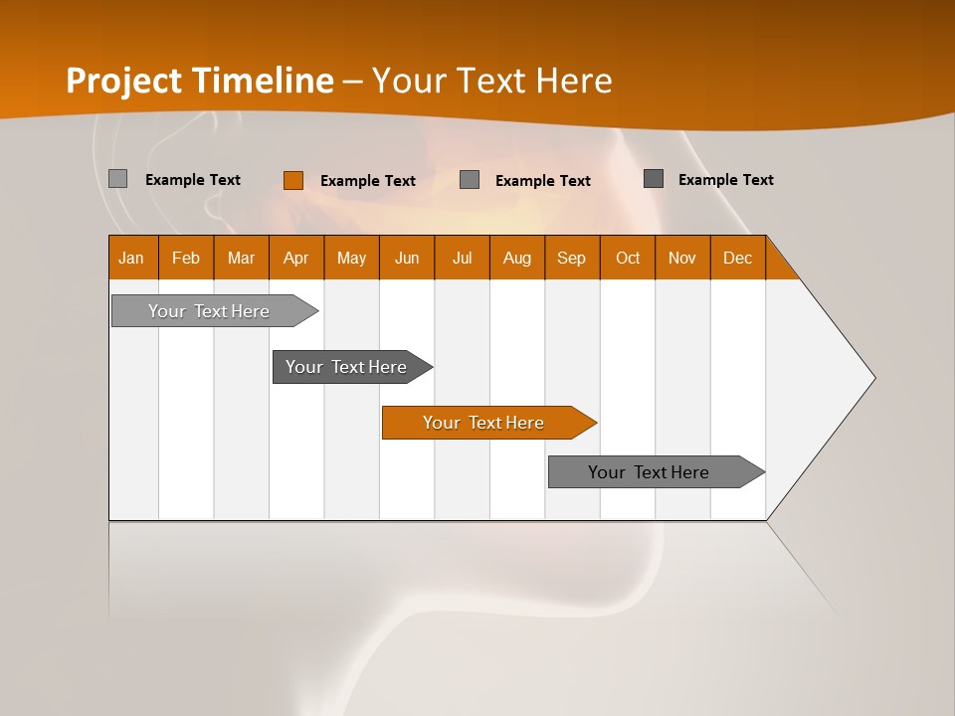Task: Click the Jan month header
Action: click(x=131, y=258)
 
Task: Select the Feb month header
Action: click(x=186, y=258)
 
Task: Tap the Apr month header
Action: click(x=295, y=258)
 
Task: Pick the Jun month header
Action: click(x=407, y=258)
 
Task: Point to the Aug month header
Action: click(x=516, y=258)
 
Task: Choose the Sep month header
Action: click(x=571, y=258)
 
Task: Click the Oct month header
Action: click(x=628, y=258)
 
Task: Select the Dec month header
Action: click(x=737, y=258)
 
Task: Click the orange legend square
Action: click(x=292, y=180)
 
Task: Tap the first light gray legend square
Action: click(x=117, y=179)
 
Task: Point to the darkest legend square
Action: click(x=653, y=179)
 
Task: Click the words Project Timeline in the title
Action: click(x=199, y=81)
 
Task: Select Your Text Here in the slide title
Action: click(x=491, y=81)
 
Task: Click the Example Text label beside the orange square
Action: click(x=367, y=181)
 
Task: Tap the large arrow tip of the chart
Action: click(x=836, y=378)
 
